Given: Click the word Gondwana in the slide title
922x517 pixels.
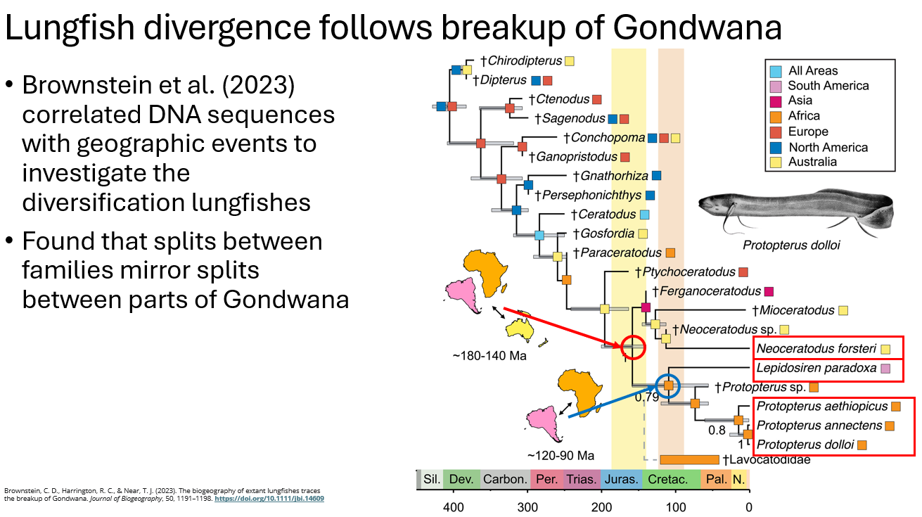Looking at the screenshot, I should click(x=697, y=27).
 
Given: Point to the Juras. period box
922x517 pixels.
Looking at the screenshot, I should click(x=621, y=480).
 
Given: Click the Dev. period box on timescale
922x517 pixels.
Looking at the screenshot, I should click(x=461, y=480).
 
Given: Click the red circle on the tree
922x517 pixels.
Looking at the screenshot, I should click(x=633, y=346).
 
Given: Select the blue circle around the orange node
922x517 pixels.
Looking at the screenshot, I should click(x=668, y=385).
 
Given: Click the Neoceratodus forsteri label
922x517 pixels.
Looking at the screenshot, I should click(x=817, y=349).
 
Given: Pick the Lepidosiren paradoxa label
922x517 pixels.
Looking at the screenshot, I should click(x=816, y=368).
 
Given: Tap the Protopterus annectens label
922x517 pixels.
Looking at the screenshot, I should click(x=819, y=426).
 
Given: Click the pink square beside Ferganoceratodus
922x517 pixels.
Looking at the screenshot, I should click(x=769, y=291).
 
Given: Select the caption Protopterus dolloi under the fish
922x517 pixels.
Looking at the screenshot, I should click(x=791, y=245).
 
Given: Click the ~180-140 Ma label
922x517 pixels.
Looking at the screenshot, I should click(x=489, y=356).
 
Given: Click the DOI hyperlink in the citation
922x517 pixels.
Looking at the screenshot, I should click(x=269, y=498).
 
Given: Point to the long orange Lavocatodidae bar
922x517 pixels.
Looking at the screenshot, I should click(x=689, y=460).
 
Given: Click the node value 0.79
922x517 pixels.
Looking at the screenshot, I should click(x=647, y=397).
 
